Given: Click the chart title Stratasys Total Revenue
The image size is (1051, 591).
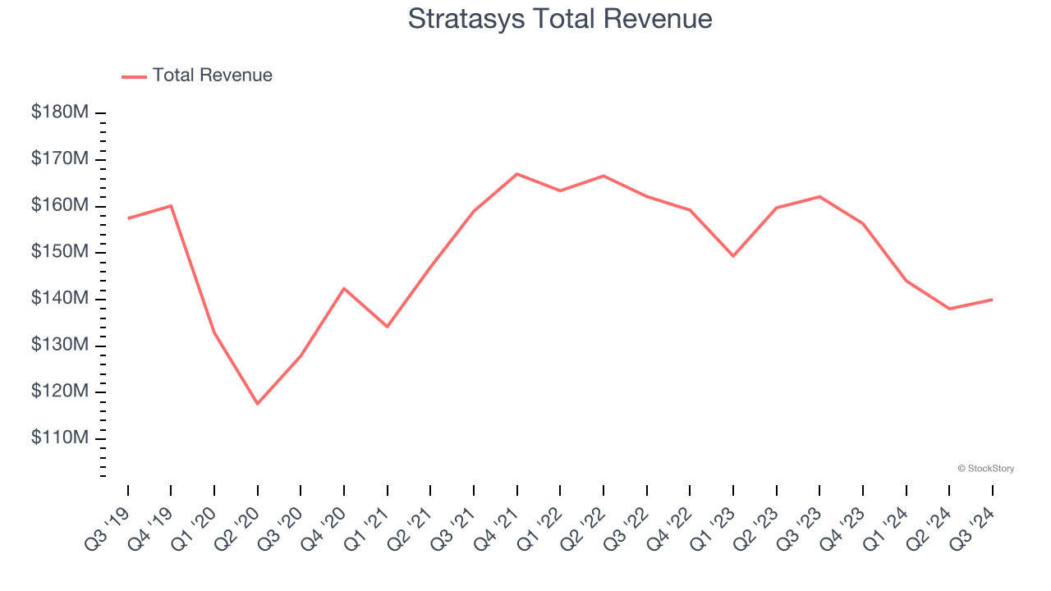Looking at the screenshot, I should click(x=560, y=19).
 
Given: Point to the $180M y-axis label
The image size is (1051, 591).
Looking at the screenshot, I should click(x=60, y=112).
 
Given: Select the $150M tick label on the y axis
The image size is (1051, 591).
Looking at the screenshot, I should click(x=60, y=252).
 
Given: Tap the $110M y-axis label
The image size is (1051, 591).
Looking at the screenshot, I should click(x=60, y=438).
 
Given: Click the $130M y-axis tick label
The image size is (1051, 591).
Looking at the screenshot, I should click(x=60, y=345).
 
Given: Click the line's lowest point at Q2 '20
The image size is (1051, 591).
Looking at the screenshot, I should click(x=257, y=404).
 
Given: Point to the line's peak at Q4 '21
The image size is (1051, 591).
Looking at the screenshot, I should click(x=516, y=174).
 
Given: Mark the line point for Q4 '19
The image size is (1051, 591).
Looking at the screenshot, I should click(x=171, y=205).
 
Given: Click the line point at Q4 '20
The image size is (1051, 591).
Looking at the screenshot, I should click(x=343, y=288).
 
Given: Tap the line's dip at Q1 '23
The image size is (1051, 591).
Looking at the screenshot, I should click(x=732, y=256).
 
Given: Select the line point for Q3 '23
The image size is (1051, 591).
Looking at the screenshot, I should click(x=819, y=196).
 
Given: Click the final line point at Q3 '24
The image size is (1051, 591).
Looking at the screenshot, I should click(x=992, y=300).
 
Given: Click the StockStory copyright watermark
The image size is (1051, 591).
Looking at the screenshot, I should click(x=985, y=469).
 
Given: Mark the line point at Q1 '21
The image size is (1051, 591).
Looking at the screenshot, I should click(x=387, y=327).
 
